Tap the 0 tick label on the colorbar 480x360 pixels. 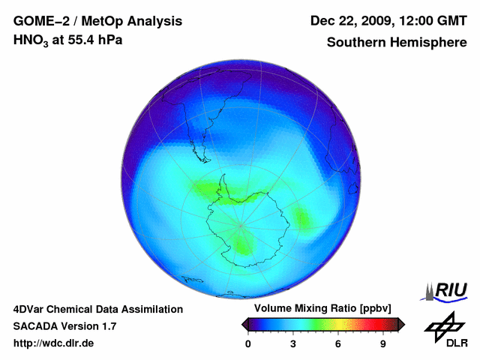tap(248, 344)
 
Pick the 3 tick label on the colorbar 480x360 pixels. tap(293, 344)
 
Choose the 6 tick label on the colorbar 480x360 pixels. tap(338, 344)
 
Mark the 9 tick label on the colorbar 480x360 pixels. tap(382, 344)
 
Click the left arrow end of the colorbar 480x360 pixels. tap(244, 324)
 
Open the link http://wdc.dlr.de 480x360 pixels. tap(54, 343)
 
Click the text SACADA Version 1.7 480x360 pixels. tap(64, 326)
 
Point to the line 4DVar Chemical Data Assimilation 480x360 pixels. tap(97, 309)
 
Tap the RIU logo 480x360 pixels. tap(448, 289)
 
